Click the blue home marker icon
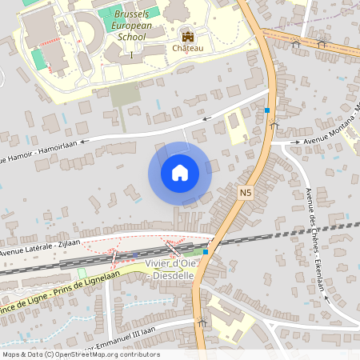(180, 172)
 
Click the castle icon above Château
(188, 37)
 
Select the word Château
(188, 49)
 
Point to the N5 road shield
(246, 192)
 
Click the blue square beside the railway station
(206, 251)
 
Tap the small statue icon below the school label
(131, 54)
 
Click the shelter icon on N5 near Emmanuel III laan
(202, 322)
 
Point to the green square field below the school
(124, 95)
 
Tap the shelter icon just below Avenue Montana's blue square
(274, 125)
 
